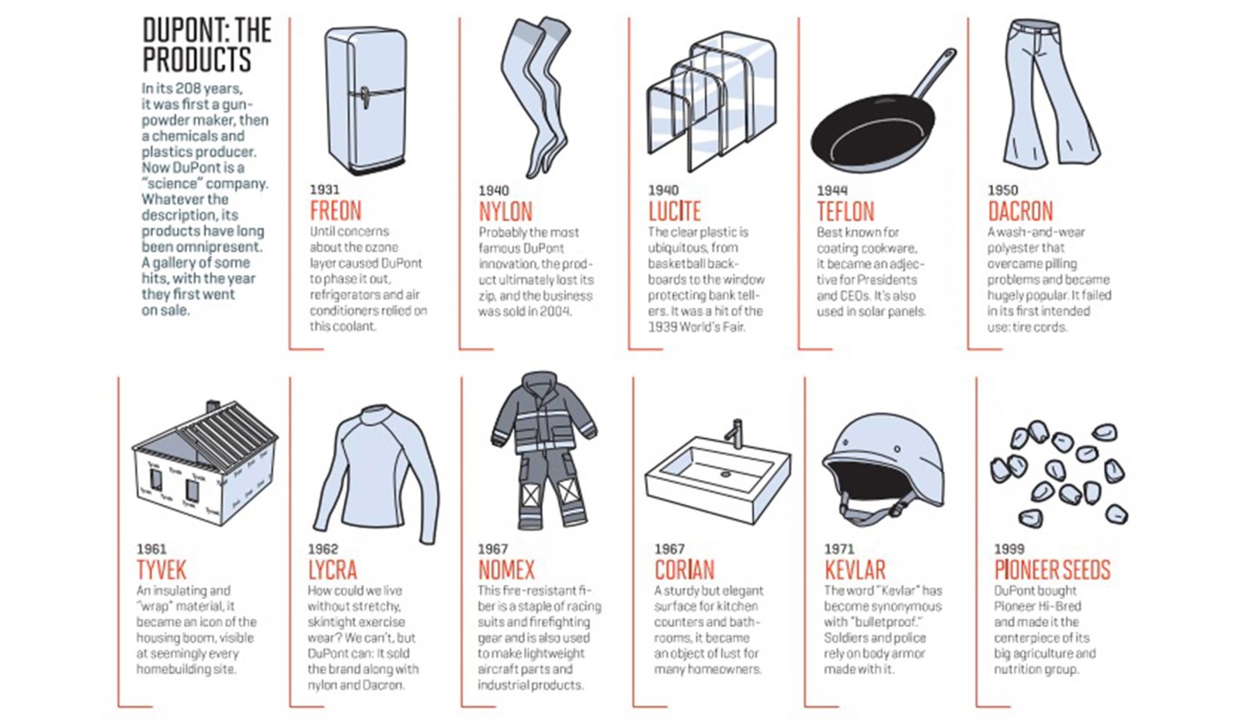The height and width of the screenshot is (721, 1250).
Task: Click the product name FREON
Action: (336, 211)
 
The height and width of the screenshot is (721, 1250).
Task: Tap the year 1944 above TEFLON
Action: (832, 191)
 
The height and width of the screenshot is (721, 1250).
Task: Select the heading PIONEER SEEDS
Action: (1052, 570)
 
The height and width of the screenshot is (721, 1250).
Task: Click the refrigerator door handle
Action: (365, 98)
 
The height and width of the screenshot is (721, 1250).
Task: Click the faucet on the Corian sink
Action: (736, 434)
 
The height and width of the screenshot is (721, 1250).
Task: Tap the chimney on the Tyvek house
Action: (214, 406)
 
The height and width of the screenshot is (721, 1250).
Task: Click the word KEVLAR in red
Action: (855, 570)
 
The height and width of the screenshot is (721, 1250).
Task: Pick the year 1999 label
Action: (1010, 549)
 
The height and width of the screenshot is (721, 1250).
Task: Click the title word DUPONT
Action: (185, 30)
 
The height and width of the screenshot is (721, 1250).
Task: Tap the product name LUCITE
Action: (674, 211)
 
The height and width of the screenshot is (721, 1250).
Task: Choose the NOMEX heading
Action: (506, 570)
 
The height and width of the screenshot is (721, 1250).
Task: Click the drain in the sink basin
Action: (726, 474)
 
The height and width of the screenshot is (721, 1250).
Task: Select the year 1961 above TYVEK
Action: (151, 549)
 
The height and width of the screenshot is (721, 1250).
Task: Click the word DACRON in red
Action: (1020, 211)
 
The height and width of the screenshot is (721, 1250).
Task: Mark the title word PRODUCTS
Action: (197, 59)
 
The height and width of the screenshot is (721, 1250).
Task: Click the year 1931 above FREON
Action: (325, 190)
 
